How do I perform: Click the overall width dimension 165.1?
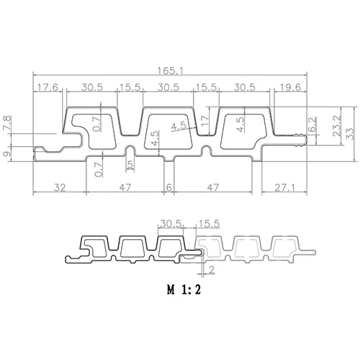pos(170,71)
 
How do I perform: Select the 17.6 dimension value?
pos(47,87)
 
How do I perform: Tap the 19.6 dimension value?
pos(290,87)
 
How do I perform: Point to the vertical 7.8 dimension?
pos(6,123)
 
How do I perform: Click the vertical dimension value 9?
pos(6,153)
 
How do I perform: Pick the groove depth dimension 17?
pos(205,120)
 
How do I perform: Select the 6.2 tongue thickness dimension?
pos(312,124)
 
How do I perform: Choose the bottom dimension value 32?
pos(60,187)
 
